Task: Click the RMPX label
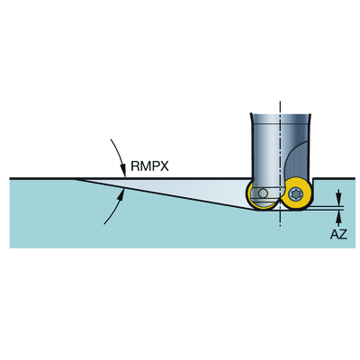[149, 166]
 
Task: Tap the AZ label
[338, 234]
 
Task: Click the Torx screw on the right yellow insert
[295, 194]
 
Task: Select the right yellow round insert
[296, 194]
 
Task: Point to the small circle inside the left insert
[263, 193]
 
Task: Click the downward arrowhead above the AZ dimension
[338, 201]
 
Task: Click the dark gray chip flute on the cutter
[297, 164]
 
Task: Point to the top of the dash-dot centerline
[280, 102]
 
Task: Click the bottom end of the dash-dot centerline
[280, 227]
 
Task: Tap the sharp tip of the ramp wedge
[74, 179]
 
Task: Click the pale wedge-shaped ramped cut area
[168, 189]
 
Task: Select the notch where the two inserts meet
[280, 201]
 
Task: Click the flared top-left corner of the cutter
[251, 113]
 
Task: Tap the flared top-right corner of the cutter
[310, 113]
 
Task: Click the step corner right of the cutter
[313, 179]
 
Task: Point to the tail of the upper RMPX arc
[111, 139]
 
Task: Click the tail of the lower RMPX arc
[103, 224]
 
